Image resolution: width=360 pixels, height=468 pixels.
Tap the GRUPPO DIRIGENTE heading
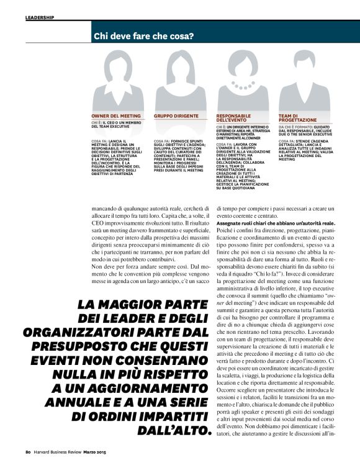(176, 115)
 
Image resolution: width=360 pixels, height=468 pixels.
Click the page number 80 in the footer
(29, 460)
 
